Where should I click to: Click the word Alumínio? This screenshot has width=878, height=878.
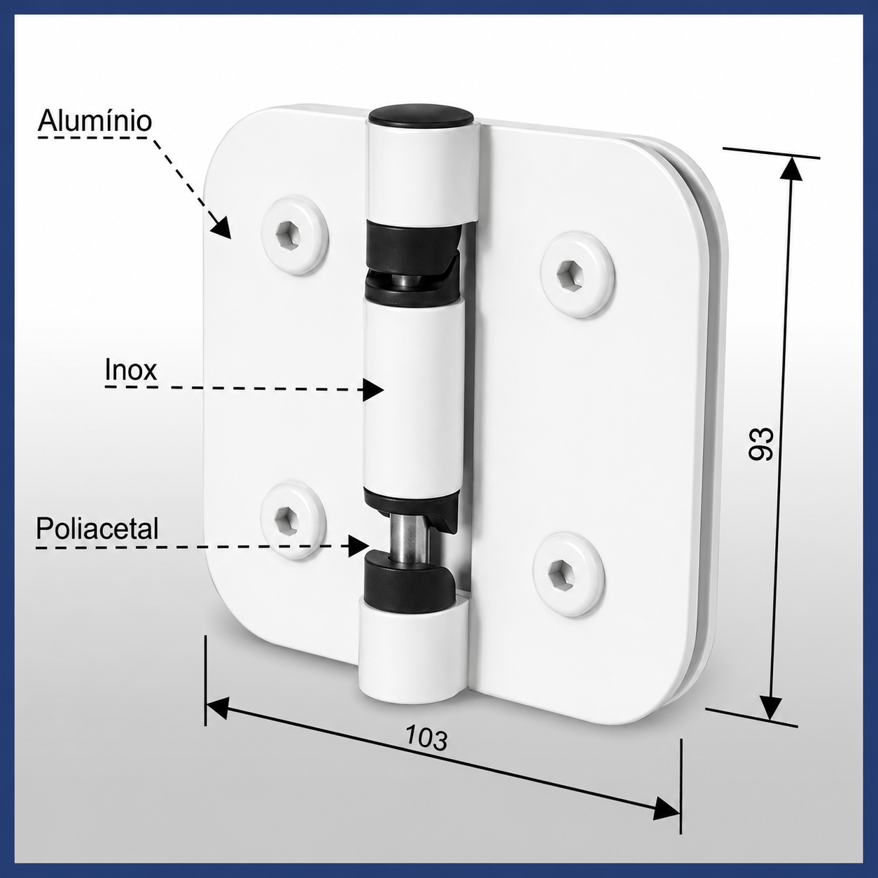click(x=95, y=122)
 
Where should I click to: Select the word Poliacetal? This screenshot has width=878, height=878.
click(x=97, y=529)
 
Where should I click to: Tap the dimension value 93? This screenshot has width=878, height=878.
click(x=761, y=444)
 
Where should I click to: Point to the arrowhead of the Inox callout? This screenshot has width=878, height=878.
click(x=373, y=389)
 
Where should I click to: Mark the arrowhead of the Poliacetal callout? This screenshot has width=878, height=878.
click(x=358, y=545)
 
